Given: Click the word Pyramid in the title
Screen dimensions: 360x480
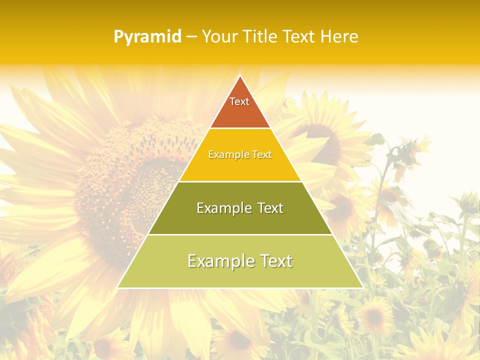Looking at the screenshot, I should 147,37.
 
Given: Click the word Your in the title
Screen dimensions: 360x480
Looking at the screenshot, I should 219,37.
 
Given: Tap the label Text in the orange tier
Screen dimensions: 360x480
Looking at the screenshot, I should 239,101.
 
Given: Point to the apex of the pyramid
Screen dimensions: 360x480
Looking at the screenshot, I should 240,76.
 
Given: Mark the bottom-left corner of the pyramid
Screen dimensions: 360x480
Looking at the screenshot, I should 118,287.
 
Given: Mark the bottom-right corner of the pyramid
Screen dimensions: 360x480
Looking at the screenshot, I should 362,287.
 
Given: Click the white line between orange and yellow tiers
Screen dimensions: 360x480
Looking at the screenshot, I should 240,128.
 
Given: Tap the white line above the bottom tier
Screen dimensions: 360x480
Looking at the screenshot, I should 240,234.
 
